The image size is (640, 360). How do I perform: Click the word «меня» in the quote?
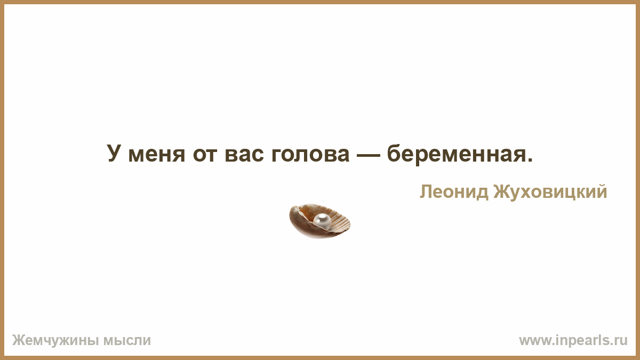(157, 155)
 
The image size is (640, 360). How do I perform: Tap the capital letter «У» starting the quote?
(114, 153)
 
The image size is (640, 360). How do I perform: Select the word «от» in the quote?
(205, 155)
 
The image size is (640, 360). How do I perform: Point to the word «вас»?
(244, 155)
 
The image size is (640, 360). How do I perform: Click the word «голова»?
(310, 155)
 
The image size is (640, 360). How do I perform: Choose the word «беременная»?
(456, 154)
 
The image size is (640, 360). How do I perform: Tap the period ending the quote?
(530, 160)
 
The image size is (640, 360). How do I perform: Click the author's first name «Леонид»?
(454, 191)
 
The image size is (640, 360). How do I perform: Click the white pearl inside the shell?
(322, 221)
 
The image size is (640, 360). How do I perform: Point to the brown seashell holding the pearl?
(319, 221)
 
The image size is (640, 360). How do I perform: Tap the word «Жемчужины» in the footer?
(55, 341)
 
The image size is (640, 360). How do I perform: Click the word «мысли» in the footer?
(127, 341)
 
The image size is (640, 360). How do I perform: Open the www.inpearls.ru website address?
(573, 341)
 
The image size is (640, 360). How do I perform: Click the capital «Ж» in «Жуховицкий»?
(502, 191)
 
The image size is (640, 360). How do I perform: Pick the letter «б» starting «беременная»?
(394, 153)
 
